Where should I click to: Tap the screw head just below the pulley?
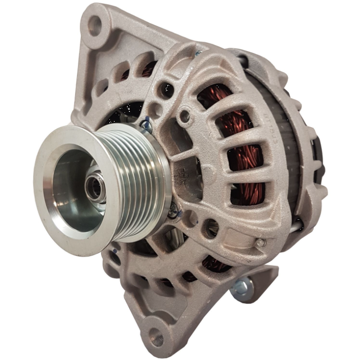173,210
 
